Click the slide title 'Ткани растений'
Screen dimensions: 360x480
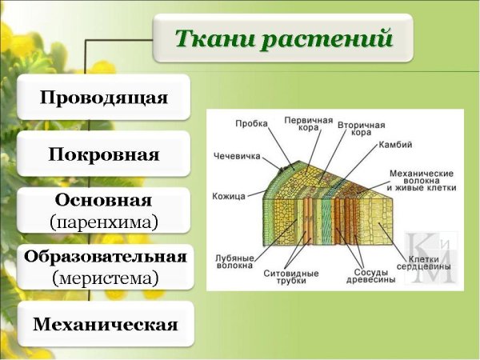click(285, 38)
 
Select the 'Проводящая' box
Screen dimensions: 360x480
click(104, 98)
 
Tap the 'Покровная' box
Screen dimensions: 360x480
click(104, 154)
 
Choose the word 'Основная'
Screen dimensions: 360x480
click(104, 199)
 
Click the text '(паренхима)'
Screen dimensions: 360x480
click(104, 220)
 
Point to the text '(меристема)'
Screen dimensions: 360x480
click(104, 278)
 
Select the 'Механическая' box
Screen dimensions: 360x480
click(104, 324)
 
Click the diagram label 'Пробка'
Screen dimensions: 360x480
click(251, 123)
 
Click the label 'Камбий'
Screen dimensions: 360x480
click(398, 145)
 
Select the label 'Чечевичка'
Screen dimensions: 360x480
click(238, 155)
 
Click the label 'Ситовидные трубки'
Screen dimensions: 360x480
click(291, 277)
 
